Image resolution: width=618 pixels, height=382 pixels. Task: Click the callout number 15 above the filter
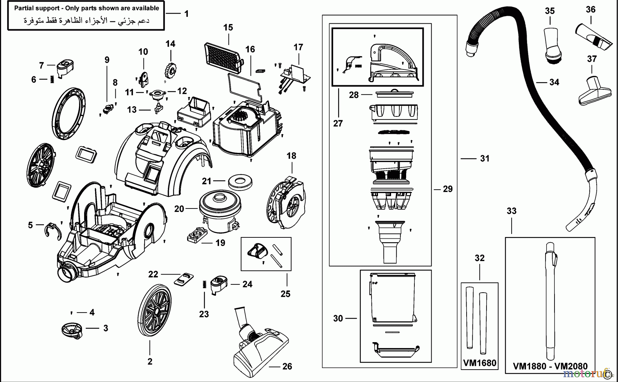tap(228, 27)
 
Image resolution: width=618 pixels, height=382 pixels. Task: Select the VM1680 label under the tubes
tap(479, 363)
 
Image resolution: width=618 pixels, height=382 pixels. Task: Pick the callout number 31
tap(484, 158)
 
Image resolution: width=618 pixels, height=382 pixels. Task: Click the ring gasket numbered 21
tap(241, 181)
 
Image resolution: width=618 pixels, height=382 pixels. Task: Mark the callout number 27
tap(338, 123)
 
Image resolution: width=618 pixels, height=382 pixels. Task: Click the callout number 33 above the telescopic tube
tap(511, 211)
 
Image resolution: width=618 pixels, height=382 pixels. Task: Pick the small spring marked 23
tap(204, 285)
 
